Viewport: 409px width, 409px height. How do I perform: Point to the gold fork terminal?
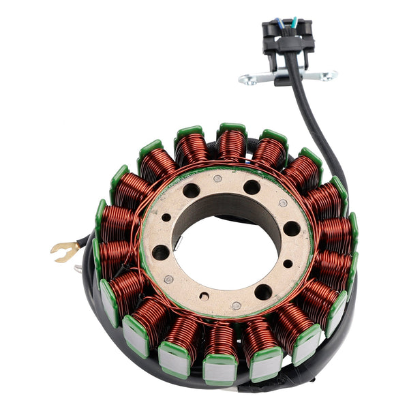(63, 252)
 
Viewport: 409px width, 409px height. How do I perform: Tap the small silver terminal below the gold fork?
(77, 269)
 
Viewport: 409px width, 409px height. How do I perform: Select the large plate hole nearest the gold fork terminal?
(161, 252)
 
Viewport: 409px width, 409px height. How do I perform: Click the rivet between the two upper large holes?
(217, 179)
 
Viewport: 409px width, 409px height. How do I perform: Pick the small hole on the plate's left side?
(166, 217)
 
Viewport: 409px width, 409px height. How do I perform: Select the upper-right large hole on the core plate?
(252, 187)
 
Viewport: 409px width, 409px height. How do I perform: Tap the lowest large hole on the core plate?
(263, 292)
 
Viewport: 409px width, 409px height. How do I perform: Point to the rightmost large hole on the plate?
(292, 228)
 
